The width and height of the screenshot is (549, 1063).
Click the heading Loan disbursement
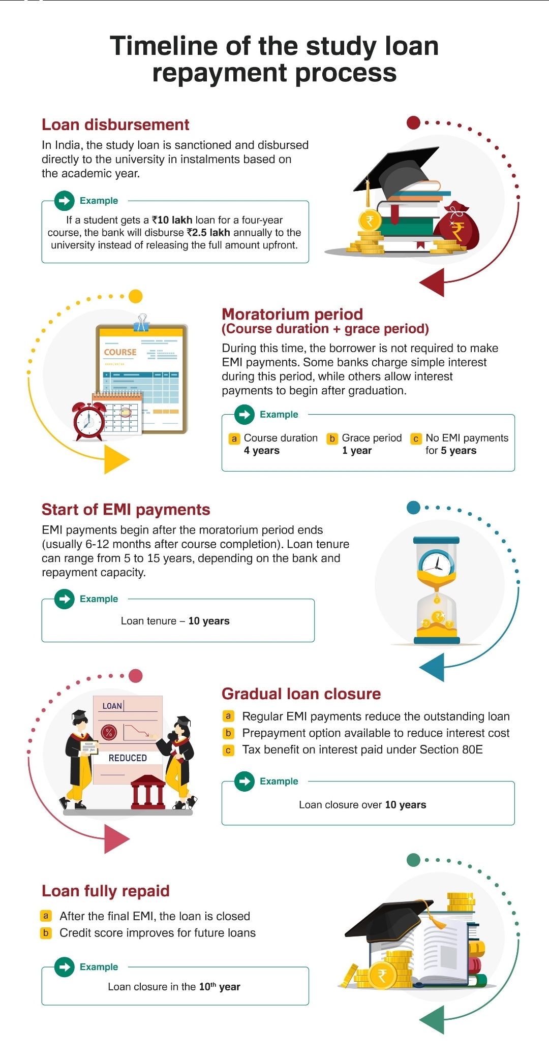115,124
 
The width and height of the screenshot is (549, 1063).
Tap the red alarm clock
89,421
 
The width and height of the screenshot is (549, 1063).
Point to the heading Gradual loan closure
301,694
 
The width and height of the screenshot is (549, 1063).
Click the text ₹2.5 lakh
208,233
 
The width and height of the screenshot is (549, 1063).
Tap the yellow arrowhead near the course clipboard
116,459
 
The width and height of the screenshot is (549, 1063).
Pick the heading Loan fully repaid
106,891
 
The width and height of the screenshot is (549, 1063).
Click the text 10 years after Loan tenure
209,621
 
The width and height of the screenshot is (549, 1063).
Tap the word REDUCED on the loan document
128,758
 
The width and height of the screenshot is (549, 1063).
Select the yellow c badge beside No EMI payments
416,439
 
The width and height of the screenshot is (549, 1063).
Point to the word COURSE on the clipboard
120,352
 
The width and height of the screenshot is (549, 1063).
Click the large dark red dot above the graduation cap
414,122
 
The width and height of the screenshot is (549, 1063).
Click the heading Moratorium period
292,314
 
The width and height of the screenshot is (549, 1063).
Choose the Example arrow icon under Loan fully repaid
65,966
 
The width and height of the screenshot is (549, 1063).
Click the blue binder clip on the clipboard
141,323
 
